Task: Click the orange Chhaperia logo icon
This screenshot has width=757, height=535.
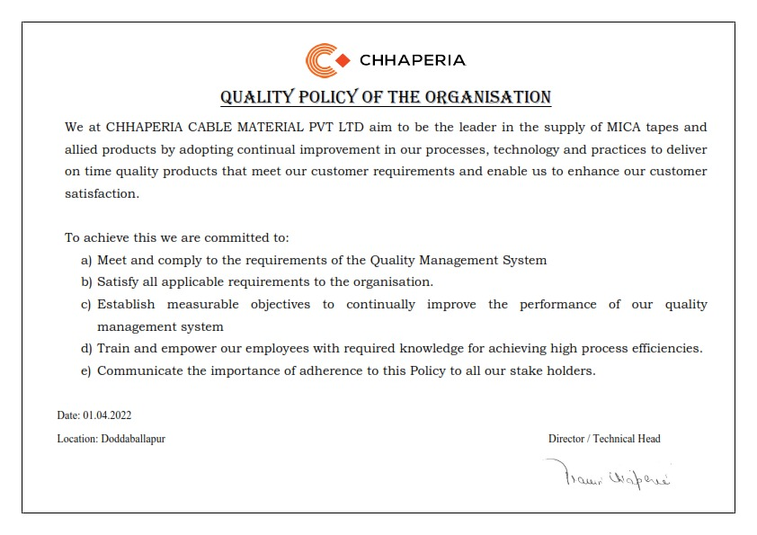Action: click(327, 61)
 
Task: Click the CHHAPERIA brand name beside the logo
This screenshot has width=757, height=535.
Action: click(413, 61)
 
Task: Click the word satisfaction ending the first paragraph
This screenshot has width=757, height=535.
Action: click(102, 192)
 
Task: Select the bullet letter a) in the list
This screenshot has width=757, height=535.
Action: click(86, 260)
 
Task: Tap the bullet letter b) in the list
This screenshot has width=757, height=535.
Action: click(86, 282)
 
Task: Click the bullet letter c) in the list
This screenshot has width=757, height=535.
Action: click(86, 305)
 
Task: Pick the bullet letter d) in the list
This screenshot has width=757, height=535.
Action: click(86, 348)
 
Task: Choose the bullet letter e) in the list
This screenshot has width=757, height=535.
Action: click(86, 370)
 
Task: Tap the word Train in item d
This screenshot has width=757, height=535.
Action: click(113, 348)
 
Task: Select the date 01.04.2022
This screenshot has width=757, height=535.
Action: click(108, 415)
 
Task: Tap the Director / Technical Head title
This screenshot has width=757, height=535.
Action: click(604, 439)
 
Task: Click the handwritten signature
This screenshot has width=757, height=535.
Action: click(607, 474)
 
